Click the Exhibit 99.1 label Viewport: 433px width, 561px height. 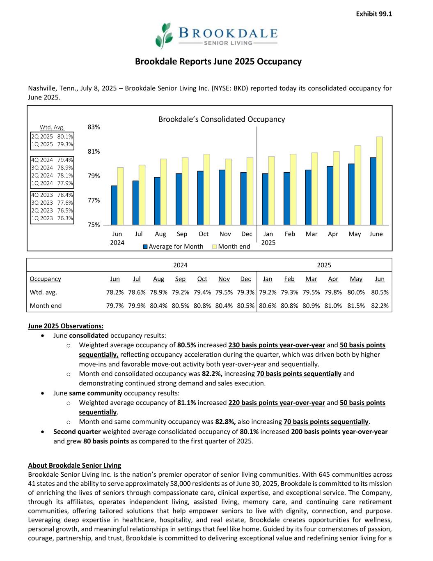(x=374, y=14)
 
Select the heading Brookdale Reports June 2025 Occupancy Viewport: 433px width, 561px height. (x=218, y=62)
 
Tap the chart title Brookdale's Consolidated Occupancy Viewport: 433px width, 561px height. (x=222, y=119)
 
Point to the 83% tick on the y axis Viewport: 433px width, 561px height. (x=94, y=127)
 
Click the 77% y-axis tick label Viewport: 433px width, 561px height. (x=94, y=201)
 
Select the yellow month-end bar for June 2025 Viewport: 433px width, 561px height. (x=380, y=181)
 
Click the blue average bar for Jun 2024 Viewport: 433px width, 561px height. (x=114, y=205)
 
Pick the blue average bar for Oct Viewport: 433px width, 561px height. (x=200, y=198)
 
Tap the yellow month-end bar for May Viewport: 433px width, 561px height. (x=358, y=185)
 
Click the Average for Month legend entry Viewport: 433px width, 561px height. (x=173, y=247)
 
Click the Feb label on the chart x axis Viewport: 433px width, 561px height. (x=290, y=234)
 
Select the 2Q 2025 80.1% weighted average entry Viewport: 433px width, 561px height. (x=52, y=136)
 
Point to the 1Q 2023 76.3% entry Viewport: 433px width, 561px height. (x=52, y=218)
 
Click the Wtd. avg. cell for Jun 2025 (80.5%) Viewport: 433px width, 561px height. (x=380, y=293)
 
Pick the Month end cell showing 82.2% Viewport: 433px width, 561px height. (x=380, y=306)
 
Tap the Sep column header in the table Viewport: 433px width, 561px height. (x=180, y=279)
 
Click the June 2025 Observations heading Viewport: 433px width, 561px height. (x=66, y=326)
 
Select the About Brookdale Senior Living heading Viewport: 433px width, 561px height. (x=74, y=465)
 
